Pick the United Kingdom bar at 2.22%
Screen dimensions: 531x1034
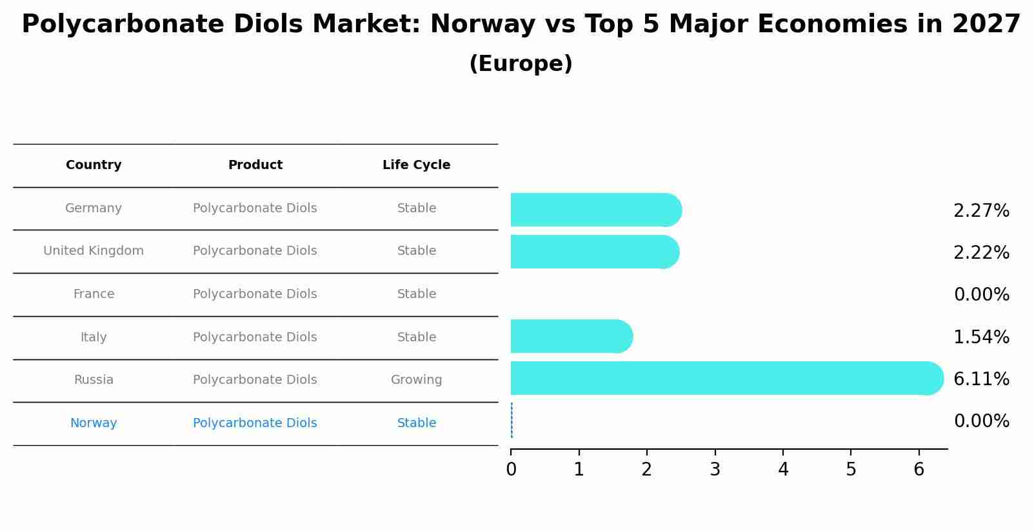pyautogui.click(x=593, y=252)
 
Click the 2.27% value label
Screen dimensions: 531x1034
pyautogui.click(x=980, y=211)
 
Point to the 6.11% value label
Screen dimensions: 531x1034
pyautogui.click(x=980, y=379)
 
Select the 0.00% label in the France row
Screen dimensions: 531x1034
pyautogui.click(x=980, y=295)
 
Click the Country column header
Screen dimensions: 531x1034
pyautogui.click(x=94, y=165)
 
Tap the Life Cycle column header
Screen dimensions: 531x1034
pyautogui.click(x=416, y=165)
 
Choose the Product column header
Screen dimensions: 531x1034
pyautogui.click(x=255, y=165)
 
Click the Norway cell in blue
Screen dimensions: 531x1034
pyautogui.click(x=94, y=423)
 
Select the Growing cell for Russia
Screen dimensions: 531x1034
pyautogui.click(x=416, y=380)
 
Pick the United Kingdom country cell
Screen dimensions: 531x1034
pyautogui.click(x=94, y=251)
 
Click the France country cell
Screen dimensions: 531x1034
pyautogui.click(x=94, y=294)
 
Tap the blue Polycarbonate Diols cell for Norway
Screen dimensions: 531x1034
pyautogui.click(x=255, y=423)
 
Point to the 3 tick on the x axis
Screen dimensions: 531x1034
pyautogui.click(x=715, y=470)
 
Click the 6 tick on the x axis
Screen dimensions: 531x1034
pyautogui.click(x=919, y=470)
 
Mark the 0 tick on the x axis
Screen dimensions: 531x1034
pyautogui.click(x=511, y=470)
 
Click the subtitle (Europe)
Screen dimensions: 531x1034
pyautogui.click(x=521, y=64)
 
